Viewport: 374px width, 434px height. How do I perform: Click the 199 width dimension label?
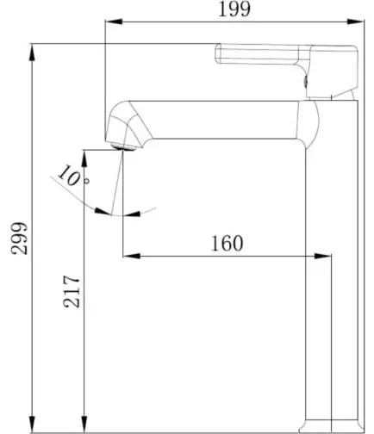coord(234,9)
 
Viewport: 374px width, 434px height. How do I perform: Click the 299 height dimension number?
coord(20,238)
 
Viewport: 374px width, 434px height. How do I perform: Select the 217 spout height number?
coord(72,291)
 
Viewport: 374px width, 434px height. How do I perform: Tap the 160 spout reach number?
coord(227,244)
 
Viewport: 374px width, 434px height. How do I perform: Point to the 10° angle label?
coord(73,176)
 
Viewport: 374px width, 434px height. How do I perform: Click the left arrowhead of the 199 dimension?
coord(114,22)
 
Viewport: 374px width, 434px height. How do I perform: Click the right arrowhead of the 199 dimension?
coord(355,22)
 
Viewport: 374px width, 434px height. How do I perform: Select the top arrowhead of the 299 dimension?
coord(33,53)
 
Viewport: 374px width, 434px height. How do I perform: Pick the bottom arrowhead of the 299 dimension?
coord(33,424)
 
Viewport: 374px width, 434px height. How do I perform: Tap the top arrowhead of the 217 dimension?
coord(84,158)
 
